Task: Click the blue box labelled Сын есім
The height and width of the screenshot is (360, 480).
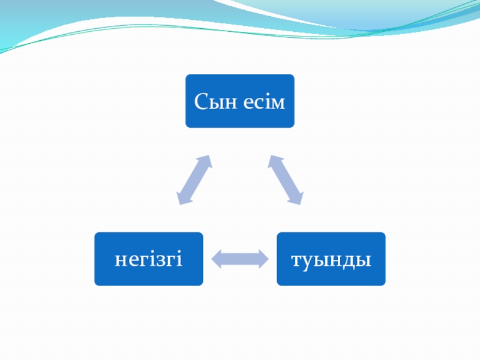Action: coord(239,101)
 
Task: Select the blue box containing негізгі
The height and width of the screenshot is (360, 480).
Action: coord(148,259)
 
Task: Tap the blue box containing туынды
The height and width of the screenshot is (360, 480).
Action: coord(331,259)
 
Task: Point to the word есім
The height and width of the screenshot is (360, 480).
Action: coord(264,101)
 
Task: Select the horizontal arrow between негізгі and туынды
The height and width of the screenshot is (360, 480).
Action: coord(240,259)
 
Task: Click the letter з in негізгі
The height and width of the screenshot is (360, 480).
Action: coord(158,260)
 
